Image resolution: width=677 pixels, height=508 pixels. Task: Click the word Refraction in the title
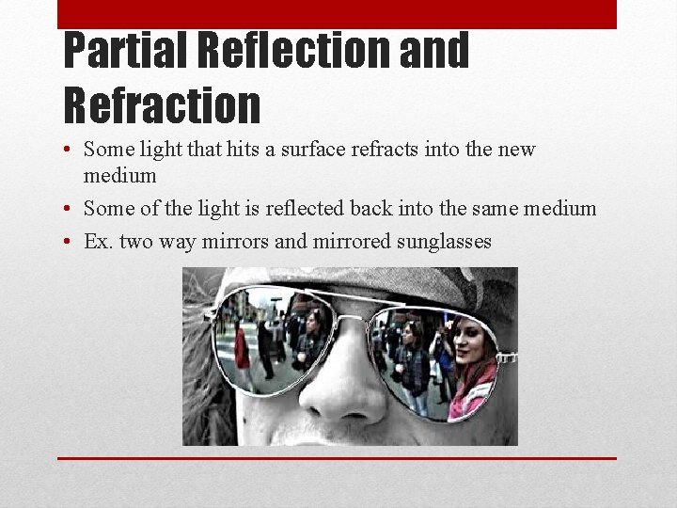tap(161, 104)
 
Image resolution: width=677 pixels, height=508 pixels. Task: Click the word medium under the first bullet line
tap(119, 176)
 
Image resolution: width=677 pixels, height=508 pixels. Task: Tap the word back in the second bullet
tap(376, 209)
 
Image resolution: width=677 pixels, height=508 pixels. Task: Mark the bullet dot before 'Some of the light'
tap(70, 210)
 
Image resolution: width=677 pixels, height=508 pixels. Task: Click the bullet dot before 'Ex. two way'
tap(70, 243)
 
